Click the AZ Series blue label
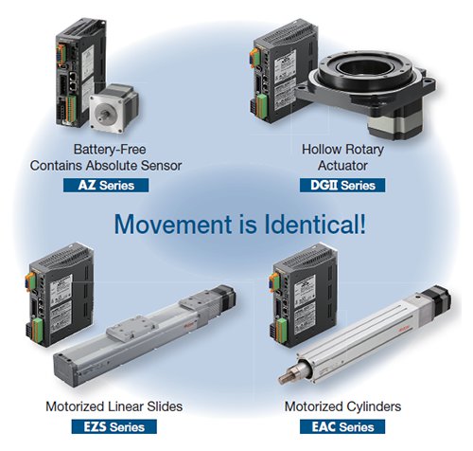click(106, 185)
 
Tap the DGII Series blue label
click(342, 185)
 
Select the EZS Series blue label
click(114, 426)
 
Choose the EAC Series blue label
click(342, 426)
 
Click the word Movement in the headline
click(173, 225)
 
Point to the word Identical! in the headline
click(315, 225)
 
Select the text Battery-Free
click(110, 150)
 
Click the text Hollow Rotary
click(342, 150)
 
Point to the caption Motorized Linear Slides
click(114, 406)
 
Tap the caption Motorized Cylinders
click(342, 406)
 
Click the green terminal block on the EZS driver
click(38, 331)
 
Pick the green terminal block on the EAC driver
click(282, 331)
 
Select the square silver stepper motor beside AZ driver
click(114, 108)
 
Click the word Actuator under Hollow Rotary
click(342, 166)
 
